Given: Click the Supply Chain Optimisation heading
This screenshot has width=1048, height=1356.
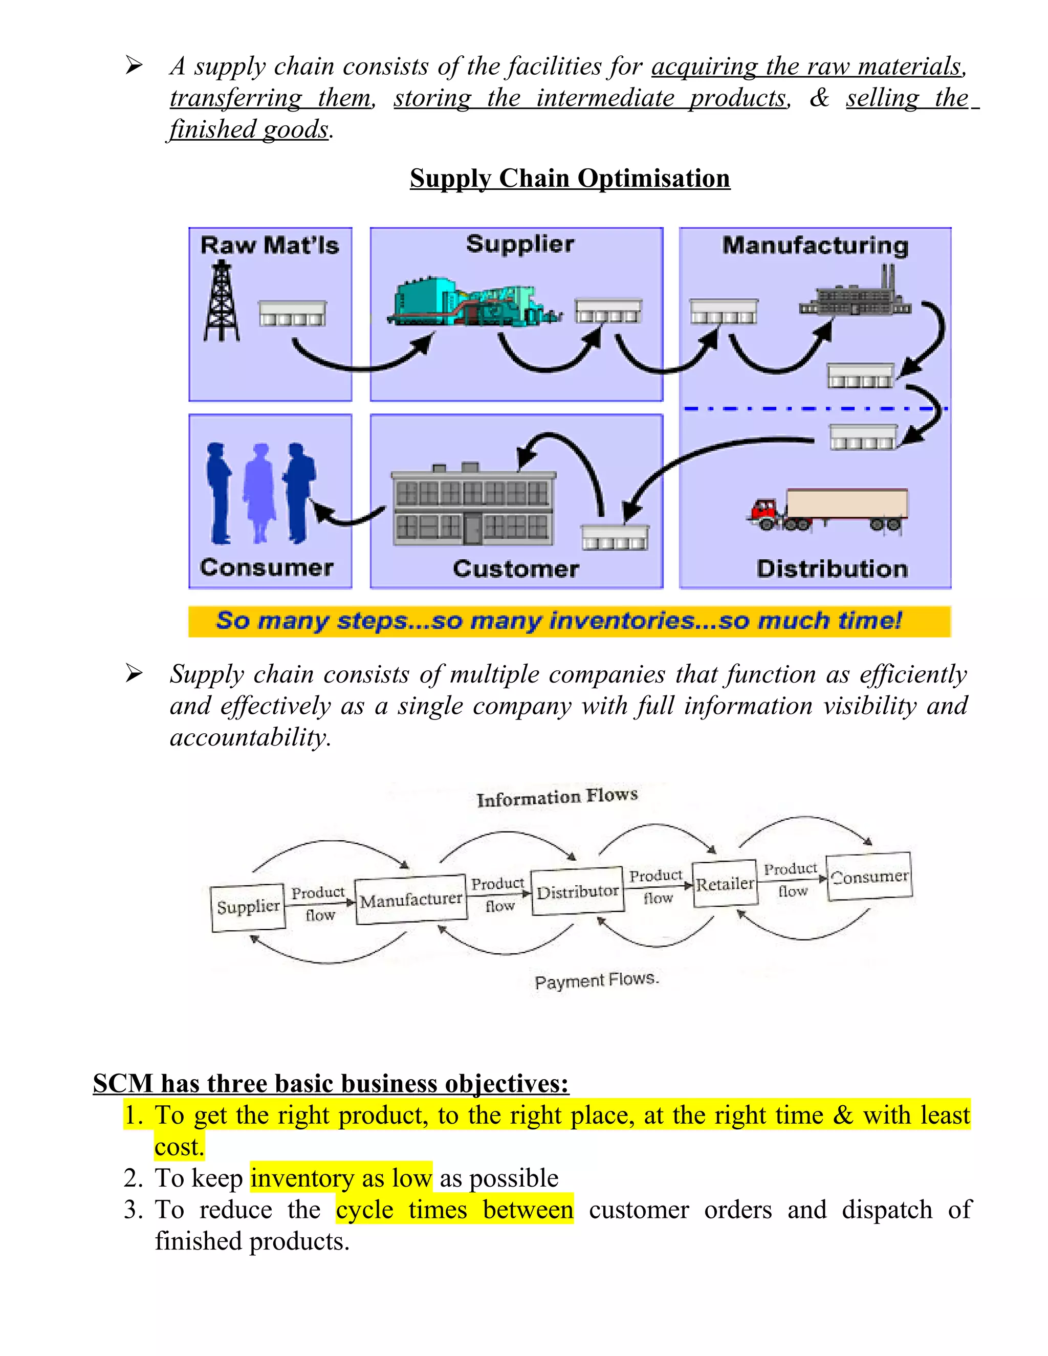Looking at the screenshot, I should point(570,178).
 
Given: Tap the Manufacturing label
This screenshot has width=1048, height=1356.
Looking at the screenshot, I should point(815,246).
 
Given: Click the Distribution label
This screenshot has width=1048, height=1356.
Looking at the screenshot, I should point(832,568).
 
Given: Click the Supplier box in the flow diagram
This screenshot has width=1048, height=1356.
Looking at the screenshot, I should point(248,908).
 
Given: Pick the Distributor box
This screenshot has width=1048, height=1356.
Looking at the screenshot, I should point(577,891).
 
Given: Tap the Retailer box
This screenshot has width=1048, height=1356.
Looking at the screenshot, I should point(725,884).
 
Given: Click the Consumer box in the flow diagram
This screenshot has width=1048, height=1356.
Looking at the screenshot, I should point(869,876).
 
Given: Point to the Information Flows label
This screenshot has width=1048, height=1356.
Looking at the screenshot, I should point(557,797).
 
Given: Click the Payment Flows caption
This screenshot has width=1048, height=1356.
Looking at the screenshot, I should point(596,981).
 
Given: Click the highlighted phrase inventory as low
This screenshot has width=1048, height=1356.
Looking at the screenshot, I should point(341,1178).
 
